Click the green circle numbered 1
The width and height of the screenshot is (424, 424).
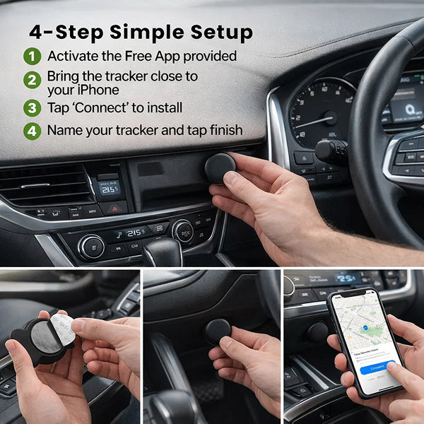tap(33, 56)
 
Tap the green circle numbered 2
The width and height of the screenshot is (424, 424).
tap(33, 80)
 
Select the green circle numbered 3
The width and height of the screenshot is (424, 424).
tap(33, 108)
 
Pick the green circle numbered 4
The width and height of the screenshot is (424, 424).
tap(33, 131)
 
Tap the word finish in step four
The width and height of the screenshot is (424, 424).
tap(223, 131)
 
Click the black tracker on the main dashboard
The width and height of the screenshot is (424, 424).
tap(220, 168)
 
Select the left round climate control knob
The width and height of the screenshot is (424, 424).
tap(91, 246)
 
